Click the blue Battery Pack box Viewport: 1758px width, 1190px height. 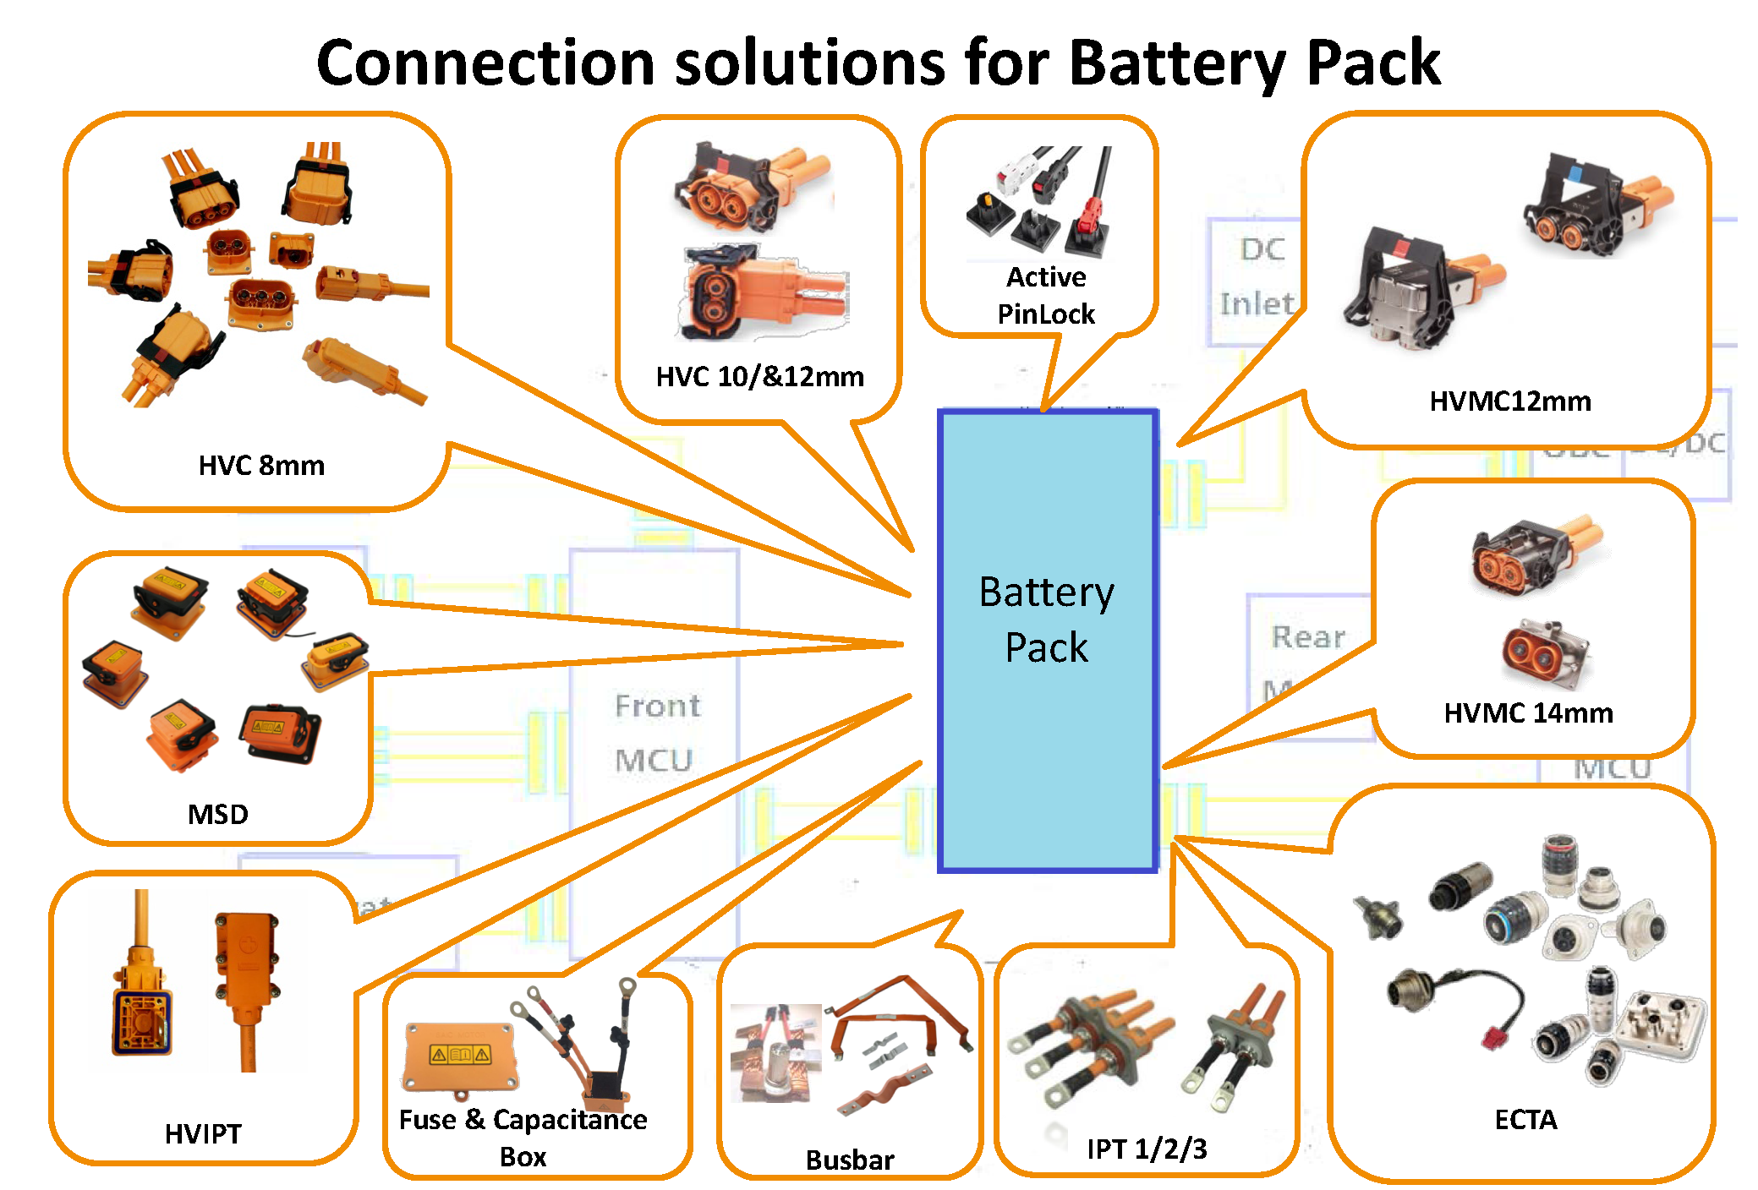[1047, 640]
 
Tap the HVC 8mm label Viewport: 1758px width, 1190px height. [261, 466]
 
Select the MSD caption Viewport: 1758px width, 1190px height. [217, 814]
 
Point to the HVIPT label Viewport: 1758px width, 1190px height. [203, 1133]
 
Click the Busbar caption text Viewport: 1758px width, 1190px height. [849, 1160]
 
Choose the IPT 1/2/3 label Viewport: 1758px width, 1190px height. [1147, 1149]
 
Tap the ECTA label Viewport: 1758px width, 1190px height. [1525, 1120]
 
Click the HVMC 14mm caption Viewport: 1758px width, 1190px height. [1528, 713]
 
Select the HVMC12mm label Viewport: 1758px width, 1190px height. [1510, 401]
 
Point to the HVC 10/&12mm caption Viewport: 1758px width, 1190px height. [759, 376]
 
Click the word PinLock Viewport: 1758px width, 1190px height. [1046, 314]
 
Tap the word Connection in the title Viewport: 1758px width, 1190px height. [485, 63]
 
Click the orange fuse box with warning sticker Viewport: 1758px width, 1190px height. [459, 1056]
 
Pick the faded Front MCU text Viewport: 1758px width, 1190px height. [657, 733]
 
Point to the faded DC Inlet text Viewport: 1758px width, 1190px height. [1257, 276]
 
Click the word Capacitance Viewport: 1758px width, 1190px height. [570, 1120]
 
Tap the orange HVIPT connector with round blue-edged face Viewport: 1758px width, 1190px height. [142, 1014]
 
